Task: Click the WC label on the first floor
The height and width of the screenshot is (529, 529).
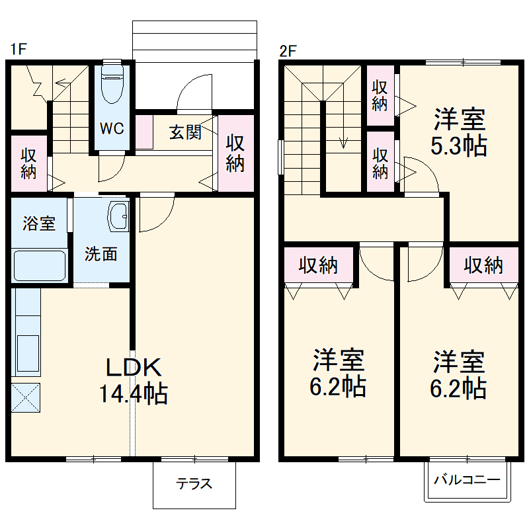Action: point(112,128)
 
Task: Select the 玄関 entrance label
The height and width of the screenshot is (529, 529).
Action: point(185,132)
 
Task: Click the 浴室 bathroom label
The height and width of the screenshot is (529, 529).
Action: point(39,224)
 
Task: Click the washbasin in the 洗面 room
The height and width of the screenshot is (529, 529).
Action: point(118,216)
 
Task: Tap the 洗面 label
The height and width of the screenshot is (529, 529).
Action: point(101,254)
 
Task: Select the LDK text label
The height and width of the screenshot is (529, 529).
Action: point(134,367)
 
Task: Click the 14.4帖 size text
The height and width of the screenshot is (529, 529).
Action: point(134,393)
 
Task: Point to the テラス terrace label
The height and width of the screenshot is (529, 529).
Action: point(194,484)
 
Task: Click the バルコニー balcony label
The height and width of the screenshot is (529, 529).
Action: point(467,479)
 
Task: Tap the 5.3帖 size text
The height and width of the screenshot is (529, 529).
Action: point(459,145)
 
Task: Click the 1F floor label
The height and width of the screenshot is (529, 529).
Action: point(19,49)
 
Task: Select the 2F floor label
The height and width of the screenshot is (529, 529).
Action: point(288,52)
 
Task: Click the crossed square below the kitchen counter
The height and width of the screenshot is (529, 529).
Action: point(26,397)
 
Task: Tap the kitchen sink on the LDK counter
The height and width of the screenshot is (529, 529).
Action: point(28,353)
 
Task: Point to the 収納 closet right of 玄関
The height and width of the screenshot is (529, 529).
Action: point(235,153)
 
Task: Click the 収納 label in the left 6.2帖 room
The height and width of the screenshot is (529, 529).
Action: point(318,265)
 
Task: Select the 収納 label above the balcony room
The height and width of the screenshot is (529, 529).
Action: point(483,265)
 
